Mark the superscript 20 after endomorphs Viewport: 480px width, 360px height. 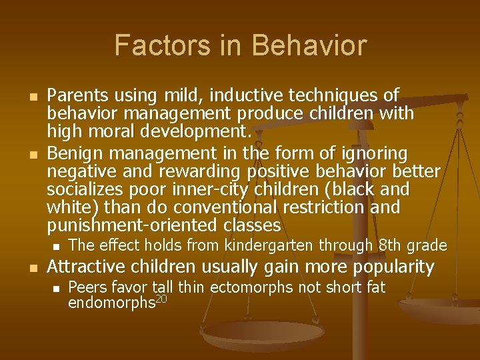click(x=161, y=298)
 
